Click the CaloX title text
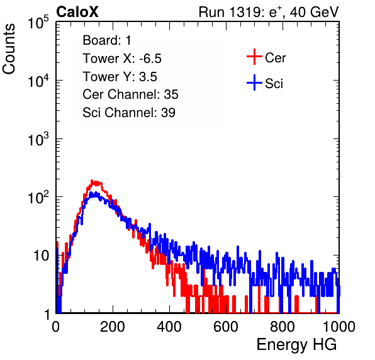click(x=77, y=12)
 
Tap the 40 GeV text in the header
click(x=314, y=12)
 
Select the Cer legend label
click(x=275, y=58)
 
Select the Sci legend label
click(x=274, y=84)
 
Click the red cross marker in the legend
click(x=254, y=57)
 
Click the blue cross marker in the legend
click(x=254, y=82)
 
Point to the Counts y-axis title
click(x=9, y=49)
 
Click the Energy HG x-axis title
click(x=296, y=345)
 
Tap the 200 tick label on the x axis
click(x=113, y=327)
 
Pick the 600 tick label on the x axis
click(x=226, y=327)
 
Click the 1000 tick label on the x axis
click(x=339, y=327)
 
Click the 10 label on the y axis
click(x=41, y=256)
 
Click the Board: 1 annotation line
click(x=107, y=40)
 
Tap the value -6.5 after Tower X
click(x=150, y=59)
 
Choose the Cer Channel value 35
click(x=171, y=94)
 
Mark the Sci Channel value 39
click(x=168, y=113)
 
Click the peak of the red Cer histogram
click(x=92, y=181)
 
